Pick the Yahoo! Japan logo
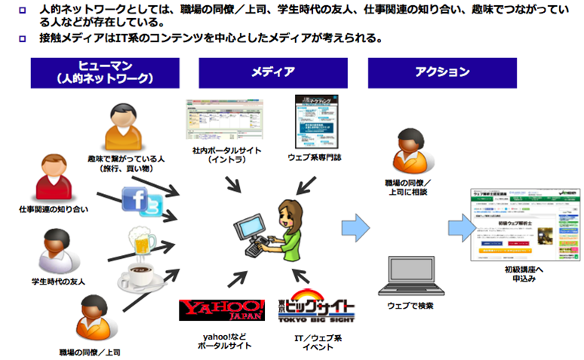222,311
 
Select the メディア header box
272,72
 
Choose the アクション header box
442,72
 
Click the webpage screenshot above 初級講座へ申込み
514,224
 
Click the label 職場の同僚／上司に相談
408,188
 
